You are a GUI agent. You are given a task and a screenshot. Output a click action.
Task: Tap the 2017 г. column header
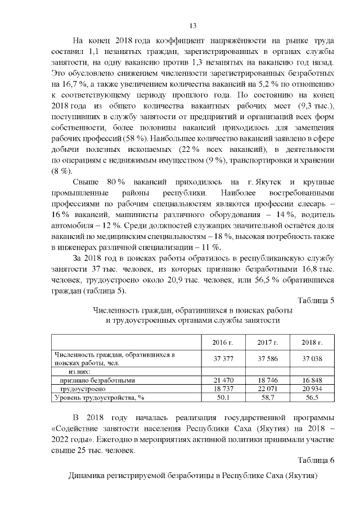[x=268, y=343]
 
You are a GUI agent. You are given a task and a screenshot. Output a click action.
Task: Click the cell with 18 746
[x=268, y=380]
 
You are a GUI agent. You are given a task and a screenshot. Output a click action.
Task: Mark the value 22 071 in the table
[x=268, y=389]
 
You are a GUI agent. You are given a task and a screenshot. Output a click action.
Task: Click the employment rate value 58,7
[x=268, y=397]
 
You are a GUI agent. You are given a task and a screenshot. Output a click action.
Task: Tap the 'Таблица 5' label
[x=316, y=300]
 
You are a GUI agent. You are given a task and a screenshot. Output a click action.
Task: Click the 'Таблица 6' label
[x=316, y=461]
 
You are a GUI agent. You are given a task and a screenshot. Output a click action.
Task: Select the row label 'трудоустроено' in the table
[x=83, y=389]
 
